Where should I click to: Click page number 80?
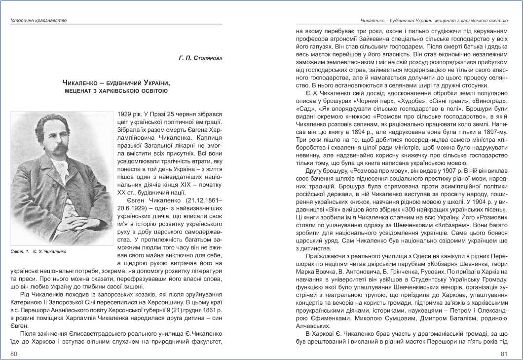click(14, 353)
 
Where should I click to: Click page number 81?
click(504, 353)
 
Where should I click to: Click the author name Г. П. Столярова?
click(200, 58)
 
